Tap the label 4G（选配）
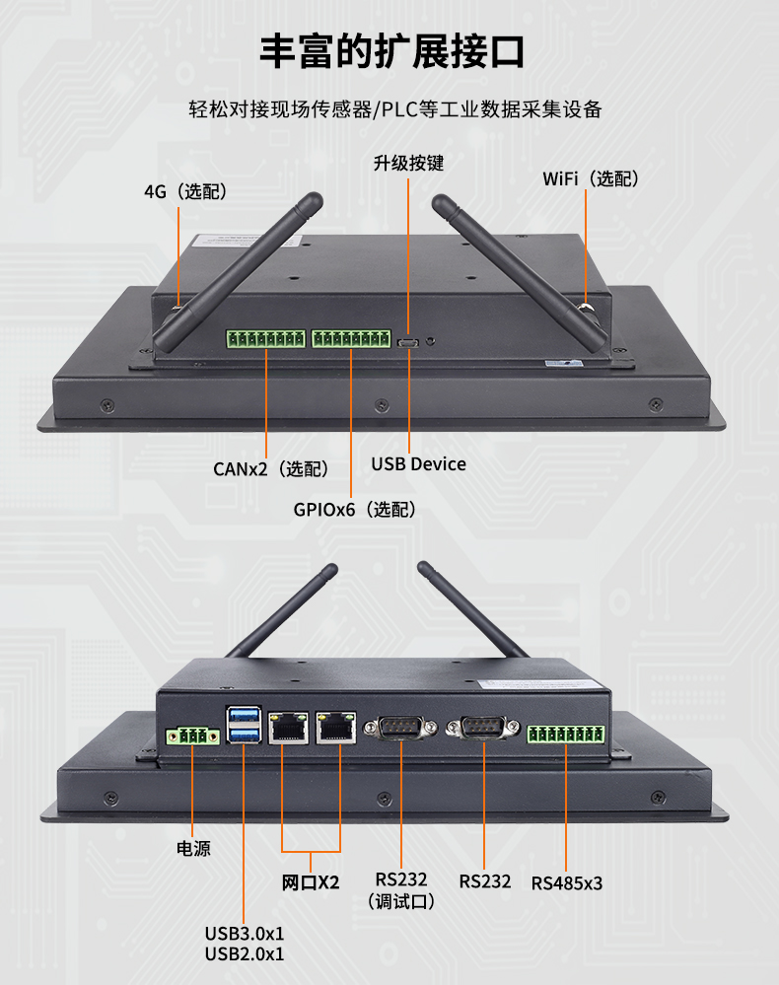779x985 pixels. pyautogui.click(x=185, y=191)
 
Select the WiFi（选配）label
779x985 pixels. pyautogui.click(x=591, y=178)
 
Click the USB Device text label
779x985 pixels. pyautogui.click(x=418, y=463)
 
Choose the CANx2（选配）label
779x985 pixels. pyautogui.click(x=271, y=468)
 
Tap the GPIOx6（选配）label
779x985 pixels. pyautogui.click(x=354, y=510)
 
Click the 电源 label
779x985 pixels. pyautogui.click(x=193, y=848)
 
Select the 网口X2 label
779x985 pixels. pyautogui.click(x=312, y=881)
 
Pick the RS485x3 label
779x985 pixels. pyautogui.click(x=567, y=882)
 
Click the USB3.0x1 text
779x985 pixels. pyautogui.click(x=245, y=933)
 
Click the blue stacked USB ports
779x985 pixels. pyautogui.click(x=245, y=725)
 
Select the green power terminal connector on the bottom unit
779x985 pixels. pyautogui.click(x=193, y=736)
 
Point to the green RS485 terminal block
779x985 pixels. pyautogui.click(x=566, y=735)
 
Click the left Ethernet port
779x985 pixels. pyautogui.click(x=288, y=728)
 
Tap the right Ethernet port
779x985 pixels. pyautogui.click(x=336, y=728)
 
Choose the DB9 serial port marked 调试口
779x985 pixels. pyautogui.click(x=401, y=728)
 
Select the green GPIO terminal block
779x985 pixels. pyautogui.click(x=351, y=339)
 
